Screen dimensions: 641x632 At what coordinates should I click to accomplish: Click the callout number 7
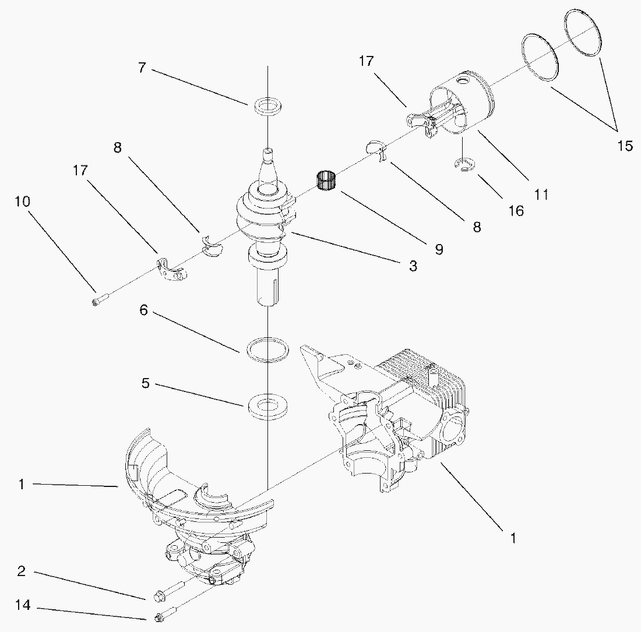pos(142,68)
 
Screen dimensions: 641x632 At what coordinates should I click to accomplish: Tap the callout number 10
pos(23,202)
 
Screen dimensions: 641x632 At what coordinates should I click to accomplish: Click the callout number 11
pos(541,194)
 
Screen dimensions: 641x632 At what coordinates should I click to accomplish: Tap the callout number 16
pos(516,211)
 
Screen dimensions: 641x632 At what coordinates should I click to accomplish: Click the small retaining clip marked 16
pos(464,164)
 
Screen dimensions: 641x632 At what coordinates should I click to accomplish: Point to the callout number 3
pos(413,266)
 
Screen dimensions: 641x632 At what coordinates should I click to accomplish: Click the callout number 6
pos(143,310)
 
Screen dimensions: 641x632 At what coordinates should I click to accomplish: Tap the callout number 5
pos(146,383)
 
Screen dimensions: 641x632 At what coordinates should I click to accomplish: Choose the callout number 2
pos(21,571)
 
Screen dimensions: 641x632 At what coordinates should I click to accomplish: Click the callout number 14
pos(23,605)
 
